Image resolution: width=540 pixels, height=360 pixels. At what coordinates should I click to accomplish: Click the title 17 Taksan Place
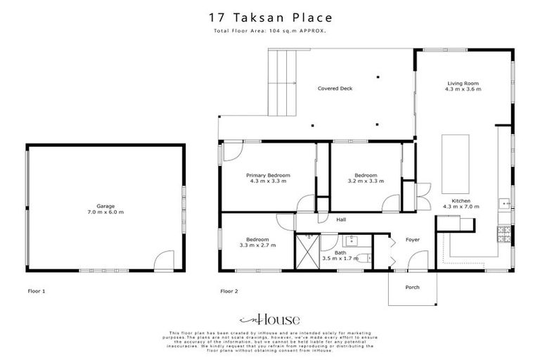click(271, 17)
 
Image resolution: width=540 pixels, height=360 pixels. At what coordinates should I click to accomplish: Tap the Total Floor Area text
click(270, 32)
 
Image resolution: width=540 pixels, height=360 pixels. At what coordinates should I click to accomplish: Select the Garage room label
click(105, 207)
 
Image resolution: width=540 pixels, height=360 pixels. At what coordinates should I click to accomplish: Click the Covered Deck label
click(335, 89)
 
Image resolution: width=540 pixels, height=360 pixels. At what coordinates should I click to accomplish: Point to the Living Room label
click(463, 84)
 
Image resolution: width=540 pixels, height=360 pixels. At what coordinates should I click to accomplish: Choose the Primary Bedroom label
click(269, 175)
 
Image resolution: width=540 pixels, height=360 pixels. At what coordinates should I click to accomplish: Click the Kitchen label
click(456, 200)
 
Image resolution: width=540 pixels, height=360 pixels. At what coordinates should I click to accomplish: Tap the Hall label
click(341, 219)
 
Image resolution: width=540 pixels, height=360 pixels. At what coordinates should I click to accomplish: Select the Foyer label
click(412, 240)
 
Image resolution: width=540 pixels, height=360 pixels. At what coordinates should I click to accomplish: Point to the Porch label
click(412, 288)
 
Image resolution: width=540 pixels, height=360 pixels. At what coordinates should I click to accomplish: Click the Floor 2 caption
click(229, 290)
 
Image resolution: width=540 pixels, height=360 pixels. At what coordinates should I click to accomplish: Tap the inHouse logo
click(270, 318)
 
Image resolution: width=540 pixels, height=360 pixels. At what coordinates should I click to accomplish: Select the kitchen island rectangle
click(450, 158)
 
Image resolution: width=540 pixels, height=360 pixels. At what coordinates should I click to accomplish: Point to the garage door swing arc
click(162, 261)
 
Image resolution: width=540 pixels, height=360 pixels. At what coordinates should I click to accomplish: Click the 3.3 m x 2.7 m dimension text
click(257, 245)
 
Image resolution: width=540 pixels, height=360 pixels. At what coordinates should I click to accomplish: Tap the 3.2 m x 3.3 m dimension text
click(366, 181)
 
